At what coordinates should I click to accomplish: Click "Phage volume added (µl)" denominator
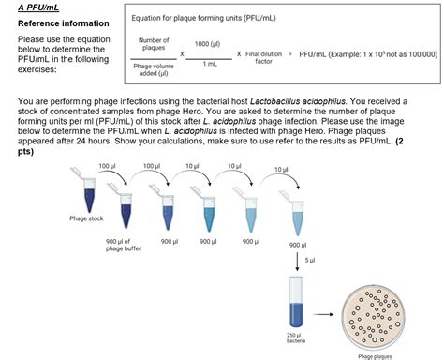coord(154,69)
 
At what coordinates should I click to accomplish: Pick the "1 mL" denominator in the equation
coord(207,64)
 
